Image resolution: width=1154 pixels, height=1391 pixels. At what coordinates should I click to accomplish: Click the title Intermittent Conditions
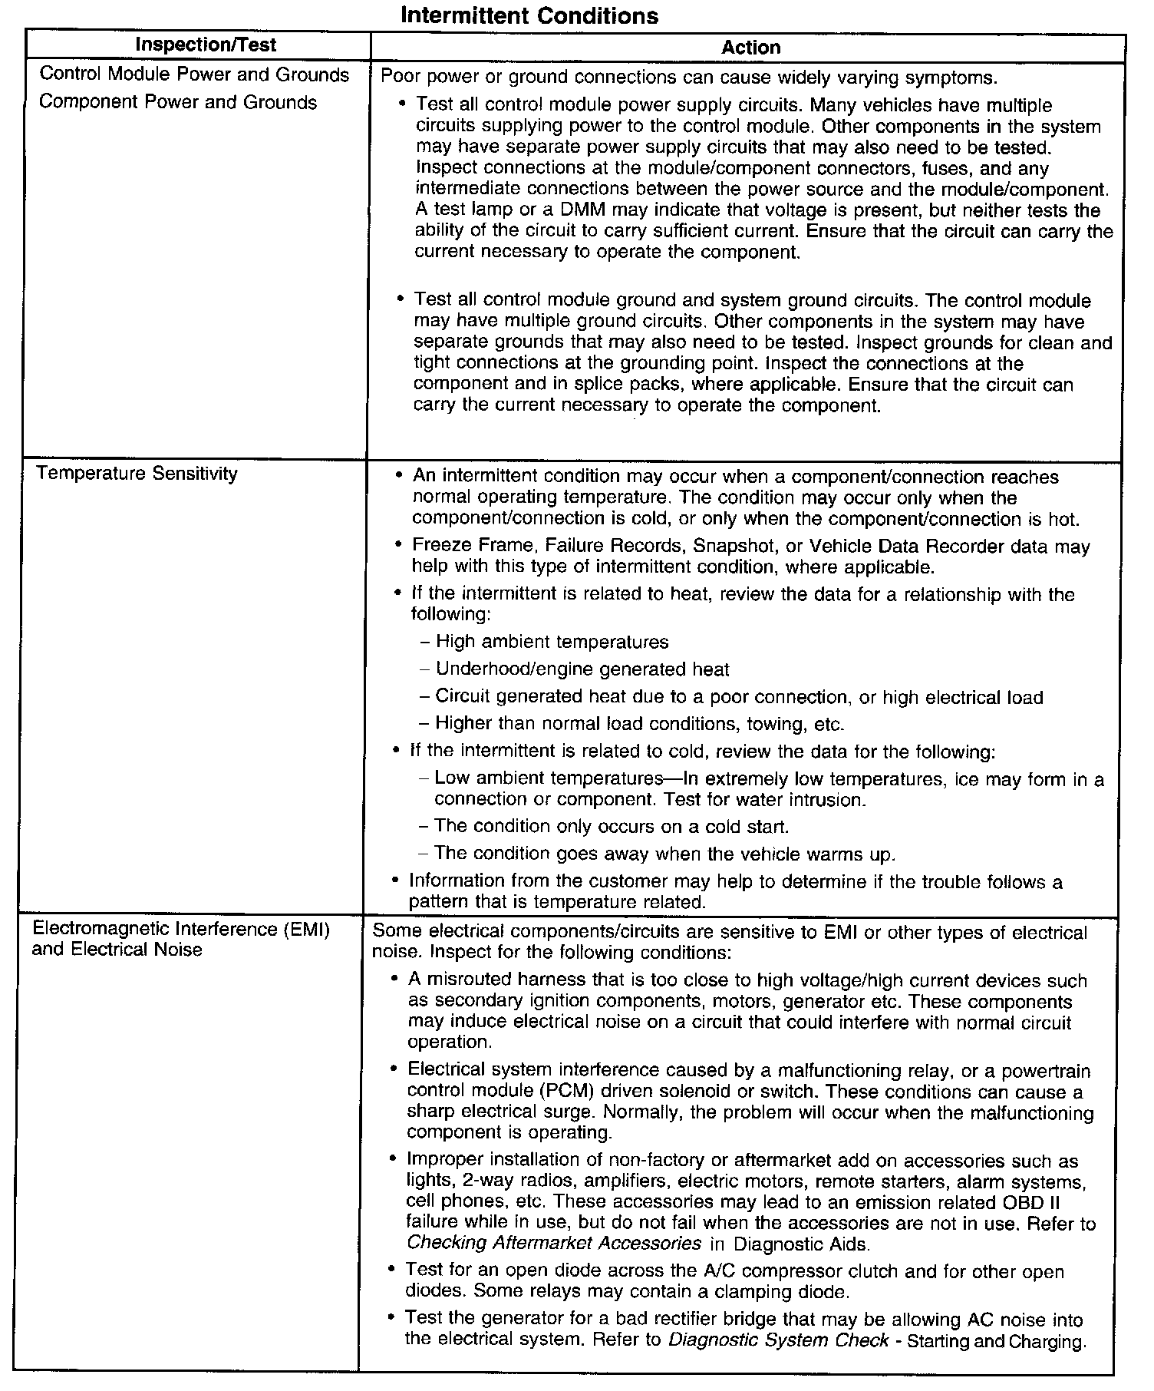click(529, 15)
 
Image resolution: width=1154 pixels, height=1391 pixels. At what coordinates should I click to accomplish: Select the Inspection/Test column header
click(206, 45)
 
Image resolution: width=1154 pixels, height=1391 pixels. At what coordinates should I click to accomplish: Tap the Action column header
click(750, 48)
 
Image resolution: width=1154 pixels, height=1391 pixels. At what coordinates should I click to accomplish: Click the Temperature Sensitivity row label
click(137, 474)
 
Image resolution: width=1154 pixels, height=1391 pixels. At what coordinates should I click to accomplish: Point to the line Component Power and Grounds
click(178, 102)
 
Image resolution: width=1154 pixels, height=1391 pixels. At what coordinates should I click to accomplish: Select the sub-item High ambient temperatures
click(552, 642)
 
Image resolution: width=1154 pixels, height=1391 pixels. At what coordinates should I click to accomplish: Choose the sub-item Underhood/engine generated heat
click(582, 669)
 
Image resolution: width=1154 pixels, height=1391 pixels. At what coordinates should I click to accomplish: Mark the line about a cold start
click(612, 827)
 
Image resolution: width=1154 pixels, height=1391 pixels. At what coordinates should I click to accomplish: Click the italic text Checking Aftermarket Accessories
click(554, 1243)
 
